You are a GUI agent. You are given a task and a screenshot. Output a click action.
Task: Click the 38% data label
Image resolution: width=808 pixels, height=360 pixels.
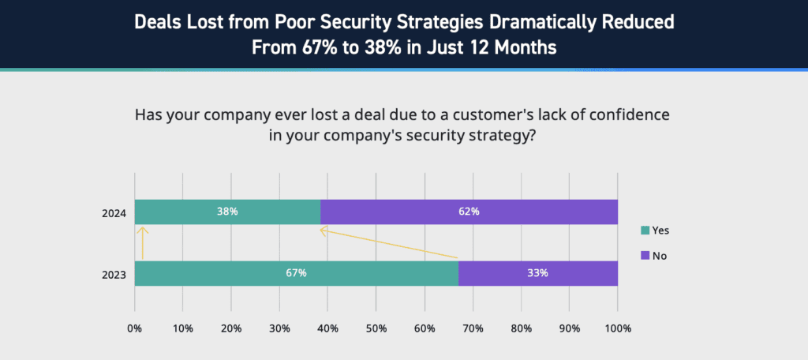[x=227, y=212]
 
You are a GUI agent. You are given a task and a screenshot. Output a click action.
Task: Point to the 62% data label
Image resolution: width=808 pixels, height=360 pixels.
[x=469, y=212]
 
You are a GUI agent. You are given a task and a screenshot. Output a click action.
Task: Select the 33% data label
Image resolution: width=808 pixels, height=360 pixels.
[x=537, y=273]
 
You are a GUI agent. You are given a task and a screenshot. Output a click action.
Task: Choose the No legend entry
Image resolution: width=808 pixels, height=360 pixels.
[x=655, y=256]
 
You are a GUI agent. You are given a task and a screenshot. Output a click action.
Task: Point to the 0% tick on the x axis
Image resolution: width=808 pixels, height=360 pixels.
[x=135, y=328]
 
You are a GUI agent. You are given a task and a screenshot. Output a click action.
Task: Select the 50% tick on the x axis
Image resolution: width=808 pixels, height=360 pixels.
[x=376, y=328]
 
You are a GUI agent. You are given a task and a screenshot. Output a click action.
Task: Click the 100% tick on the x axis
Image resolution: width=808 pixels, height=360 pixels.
[x=618, y=328]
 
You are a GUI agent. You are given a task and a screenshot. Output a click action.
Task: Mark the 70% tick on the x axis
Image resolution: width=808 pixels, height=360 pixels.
[x=473, y=328]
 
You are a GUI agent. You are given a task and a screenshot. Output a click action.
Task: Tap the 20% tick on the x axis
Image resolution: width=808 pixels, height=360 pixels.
[x=231, y=328]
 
